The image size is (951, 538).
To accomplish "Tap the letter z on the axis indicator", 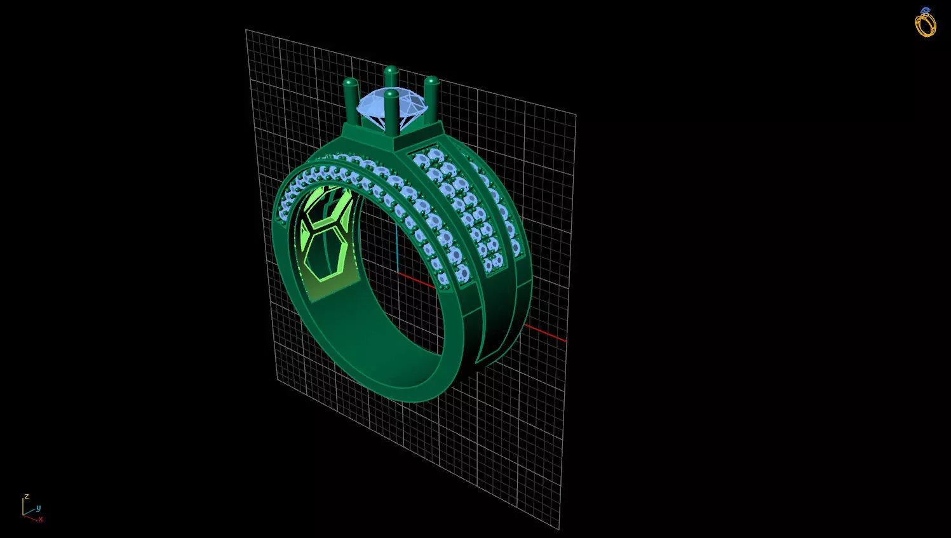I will [27, 496].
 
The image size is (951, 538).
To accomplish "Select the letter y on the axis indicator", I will [38, 508].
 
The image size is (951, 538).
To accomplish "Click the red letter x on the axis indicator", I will [41, 519].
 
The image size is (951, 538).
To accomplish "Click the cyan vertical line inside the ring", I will [396, 248].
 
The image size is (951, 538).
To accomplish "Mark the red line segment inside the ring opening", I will [417, 281].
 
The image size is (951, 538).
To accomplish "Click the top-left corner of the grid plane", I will [246, 30].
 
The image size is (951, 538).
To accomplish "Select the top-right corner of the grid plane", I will [576, 115].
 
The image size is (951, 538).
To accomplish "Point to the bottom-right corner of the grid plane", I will [559, 528].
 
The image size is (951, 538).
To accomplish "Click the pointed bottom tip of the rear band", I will [477, 364].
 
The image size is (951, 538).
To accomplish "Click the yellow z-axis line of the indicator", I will [23, 507].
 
